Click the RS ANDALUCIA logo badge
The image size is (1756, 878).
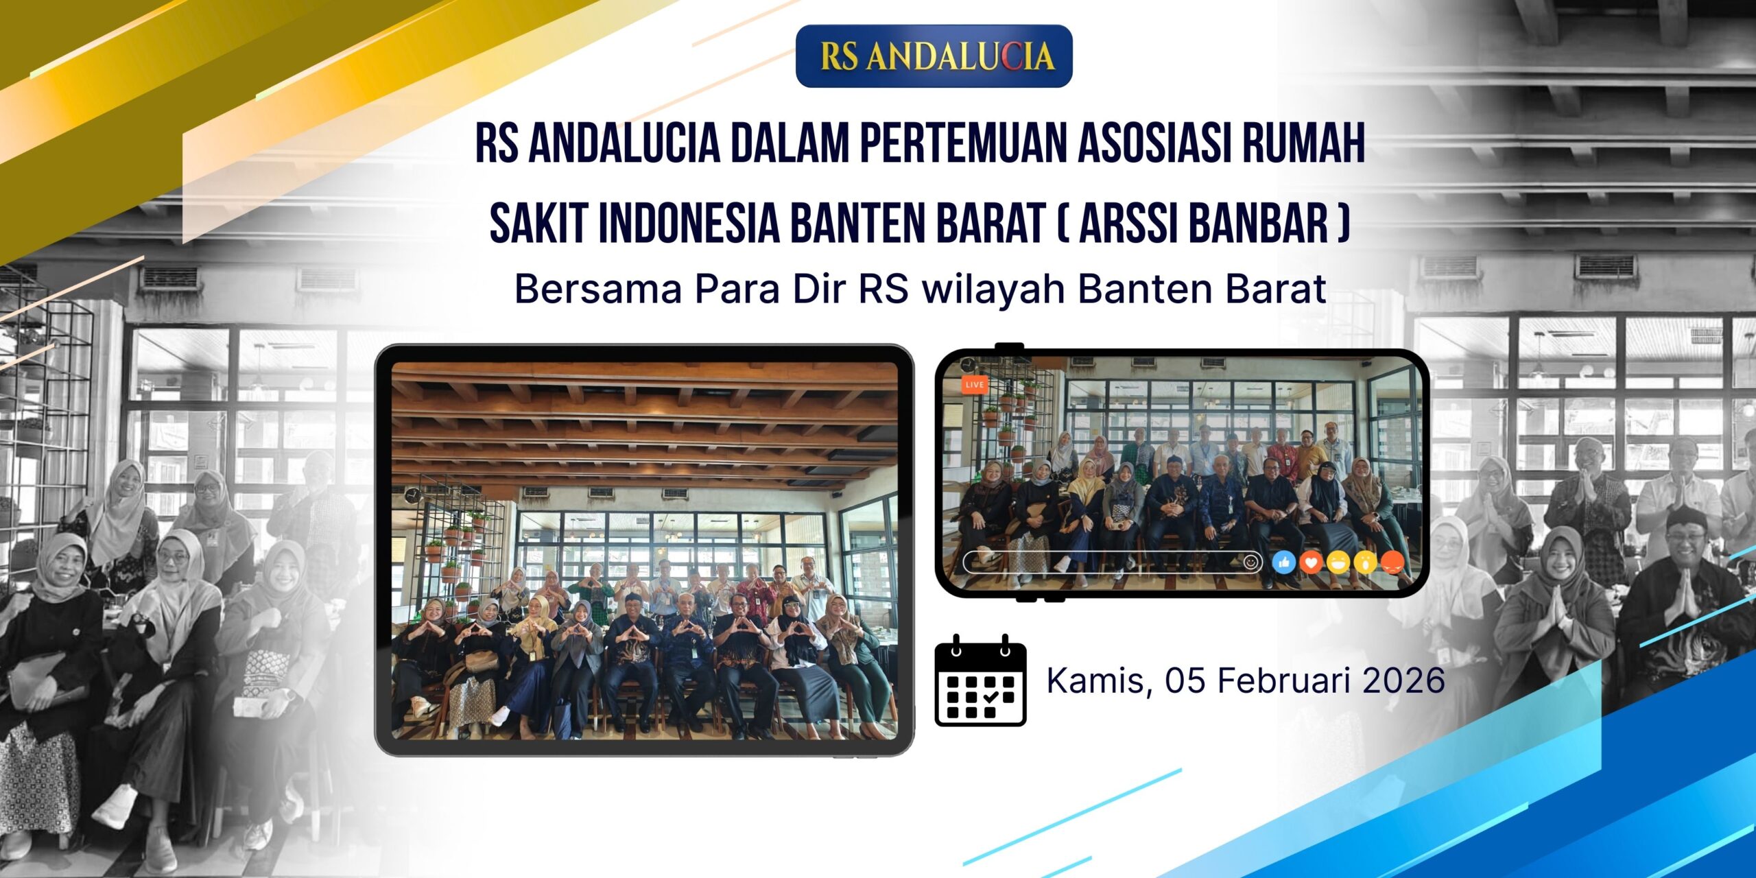pos(934,56)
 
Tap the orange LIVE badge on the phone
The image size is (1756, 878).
pos(974,385)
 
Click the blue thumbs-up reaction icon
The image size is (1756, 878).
pos(1283,563)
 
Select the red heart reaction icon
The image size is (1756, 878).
pos(1311,563)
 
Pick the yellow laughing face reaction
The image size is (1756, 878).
pos(1338,563)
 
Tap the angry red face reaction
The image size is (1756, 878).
pos(1392,563)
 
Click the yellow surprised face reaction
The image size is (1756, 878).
pos(1366,563)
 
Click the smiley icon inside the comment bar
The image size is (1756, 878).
pos(1251,562)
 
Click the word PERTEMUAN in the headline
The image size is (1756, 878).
pos(964,144)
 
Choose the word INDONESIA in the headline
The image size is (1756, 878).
pos(689,223)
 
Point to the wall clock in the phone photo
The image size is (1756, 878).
pos(967,364)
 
